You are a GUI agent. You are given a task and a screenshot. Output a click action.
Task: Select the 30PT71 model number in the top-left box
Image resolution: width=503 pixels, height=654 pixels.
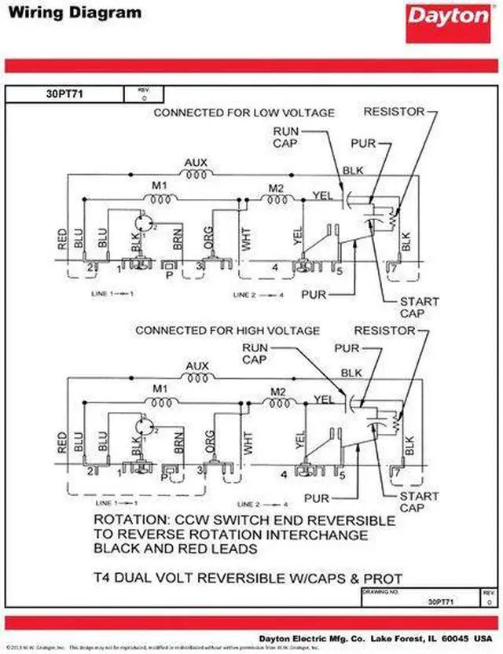[x=65, y=94]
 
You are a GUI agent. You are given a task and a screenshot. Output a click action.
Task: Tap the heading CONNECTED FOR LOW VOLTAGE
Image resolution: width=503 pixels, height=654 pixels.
[x=244, y=113]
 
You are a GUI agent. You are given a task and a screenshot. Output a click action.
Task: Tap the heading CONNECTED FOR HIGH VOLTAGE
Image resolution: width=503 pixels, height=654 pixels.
[x=228, y=330]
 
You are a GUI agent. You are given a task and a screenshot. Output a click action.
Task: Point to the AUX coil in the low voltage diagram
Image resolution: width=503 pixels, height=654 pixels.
[x=196, y=175]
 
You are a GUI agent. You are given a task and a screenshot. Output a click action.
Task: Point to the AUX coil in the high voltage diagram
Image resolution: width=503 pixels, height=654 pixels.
[x=196, y=377]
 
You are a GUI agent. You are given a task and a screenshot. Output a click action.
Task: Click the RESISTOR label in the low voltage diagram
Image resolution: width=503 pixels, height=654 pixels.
[x=393, y=112]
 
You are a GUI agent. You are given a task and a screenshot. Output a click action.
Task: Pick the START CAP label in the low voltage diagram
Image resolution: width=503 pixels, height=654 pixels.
[x=420, y=307]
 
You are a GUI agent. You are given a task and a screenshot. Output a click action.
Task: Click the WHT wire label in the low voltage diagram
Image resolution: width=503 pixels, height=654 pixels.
[x=247, y=239]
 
